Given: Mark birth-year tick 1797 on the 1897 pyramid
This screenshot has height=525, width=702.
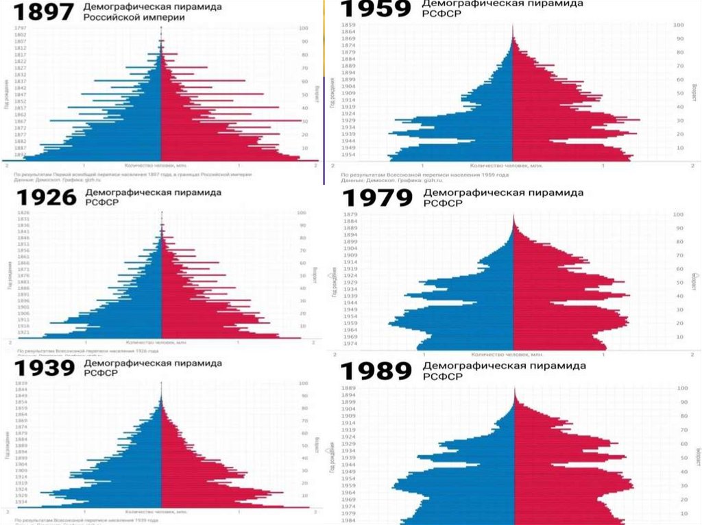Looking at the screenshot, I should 20,28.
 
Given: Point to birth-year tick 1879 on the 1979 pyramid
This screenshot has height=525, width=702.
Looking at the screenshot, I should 350,215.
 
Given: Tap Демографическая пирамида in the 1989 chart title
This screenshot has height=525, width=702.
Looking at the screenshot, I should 505,366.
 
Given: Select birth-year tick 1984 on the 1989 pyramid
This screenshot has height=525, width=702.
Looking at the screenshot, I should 349,520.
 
